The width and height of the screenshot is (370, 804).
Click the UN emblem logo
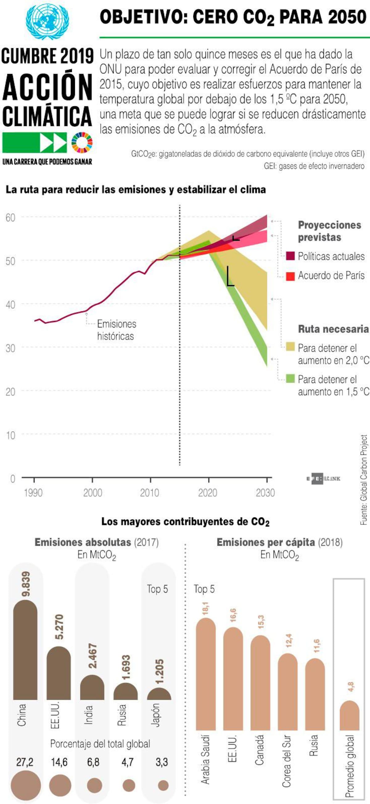click(47, 21)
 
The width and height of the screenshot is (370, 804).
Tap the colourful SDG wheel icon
click(82, 143)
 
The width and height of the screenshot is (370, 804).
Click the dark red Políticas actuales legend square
click(290, 256)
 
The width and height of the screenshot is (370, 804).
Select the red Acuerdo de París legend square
click(290, 276)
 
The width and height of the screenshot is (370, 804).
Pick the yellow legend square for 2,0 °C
click(290, 346)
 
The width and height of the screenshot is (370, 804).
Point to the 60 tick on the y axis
click(10, 218)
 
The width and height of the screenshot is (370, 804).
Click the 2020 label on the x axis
click(208, 493)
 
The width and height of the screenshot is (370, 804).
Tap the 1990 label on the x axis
click(33, 493)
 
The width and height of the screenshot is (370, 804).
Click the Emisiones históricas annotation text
click(116, 330)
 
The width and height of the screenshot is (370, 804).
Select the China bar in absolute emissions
click(25, 652)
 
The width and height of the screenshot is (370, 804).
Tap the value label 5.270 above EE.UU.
click(59, 627)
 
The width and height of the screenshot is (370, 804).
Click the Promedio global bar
click(349, 716)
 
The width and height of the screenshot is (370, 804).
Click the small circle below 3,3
click(163, 785)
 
